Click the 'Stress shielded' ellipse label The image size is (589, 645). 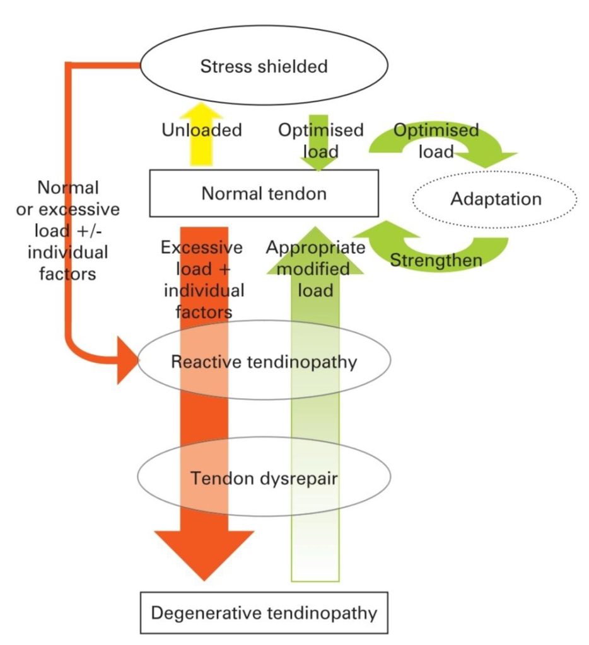pyautogui.click(x=264, y=66)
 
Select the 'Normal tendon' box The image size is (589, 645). pyautogui.click(x=264, y=193)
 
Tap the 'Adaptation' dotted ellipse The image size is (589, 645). pyautogui.click(x=494, y=199)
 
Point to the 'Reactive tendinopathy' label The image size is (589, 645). pyautogui.click(x=264, y=362)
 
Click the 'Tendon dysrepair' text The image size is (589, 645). pyautogui.click(x=264, y=479)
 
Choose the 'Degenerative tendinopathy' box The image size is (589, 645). pyautogui.click(x=264, y=613)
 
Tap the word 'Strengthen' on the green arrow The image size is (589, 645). pyautogui.click(x=436, y=260)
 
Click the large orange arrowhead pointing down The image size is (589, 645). pyautogui.click(x=204, y=554)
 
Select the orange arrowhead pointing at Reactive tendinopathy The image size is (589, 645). pyautogui.click(x=127, y=360)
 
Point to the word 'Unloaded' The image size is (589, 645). pyautogui.click(x=201, y=130)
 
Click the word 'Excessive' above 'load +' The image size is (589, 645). pyautogui.click(x=201, y=248)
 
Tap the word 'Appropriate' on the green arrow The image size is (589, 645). pyautogui.click(x=315, y=248)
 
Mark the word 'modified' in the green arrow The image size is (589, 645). pyautogui.click(x=314, y=269)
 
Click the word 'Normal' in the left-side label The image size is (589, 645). pyautogui.click(x=68, y=188)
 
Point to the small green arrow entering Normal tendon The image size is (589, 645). pyautogui.click(x=318, y=143)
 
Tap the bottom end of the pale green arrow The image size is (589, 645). pyautogui.click(x=315, y=581)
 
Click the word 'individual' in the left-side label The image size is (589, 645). pyautogui.click(x=68, y=252)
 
